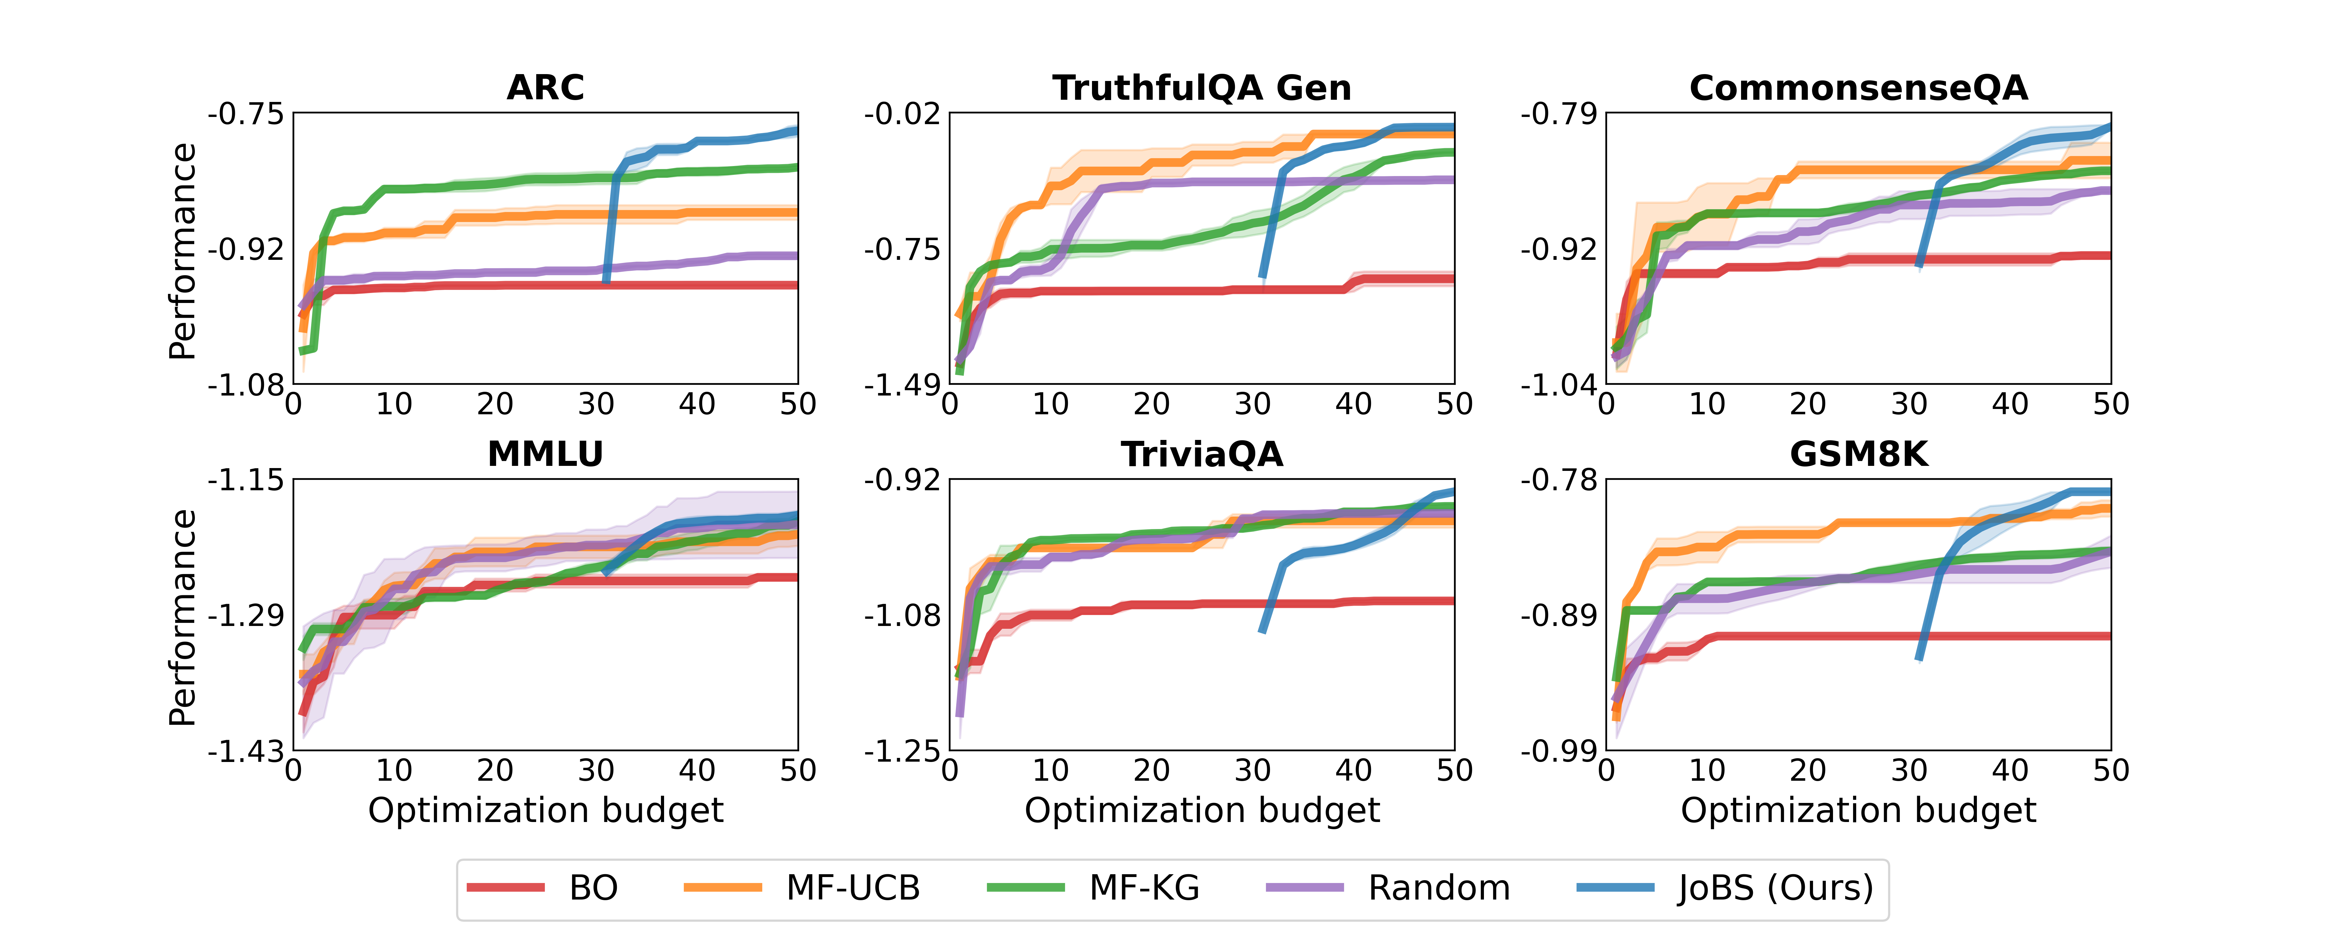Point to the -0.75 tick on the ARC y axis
tap(246, 115)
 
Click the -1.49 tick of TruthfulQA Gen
tap(901, 386)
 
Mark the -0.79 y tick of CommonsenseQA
tap(1558, 115)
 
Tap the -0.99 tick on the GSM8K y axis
tap(1558, 752)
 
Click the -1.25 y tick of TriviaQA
tap(901, 752)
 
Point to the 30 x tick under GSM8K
tap(1909, 771)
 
